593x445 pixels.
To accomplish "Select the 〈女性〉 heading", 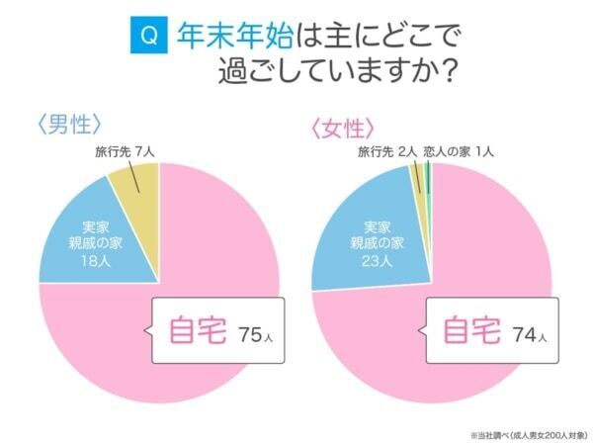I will tap(342, 129).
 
